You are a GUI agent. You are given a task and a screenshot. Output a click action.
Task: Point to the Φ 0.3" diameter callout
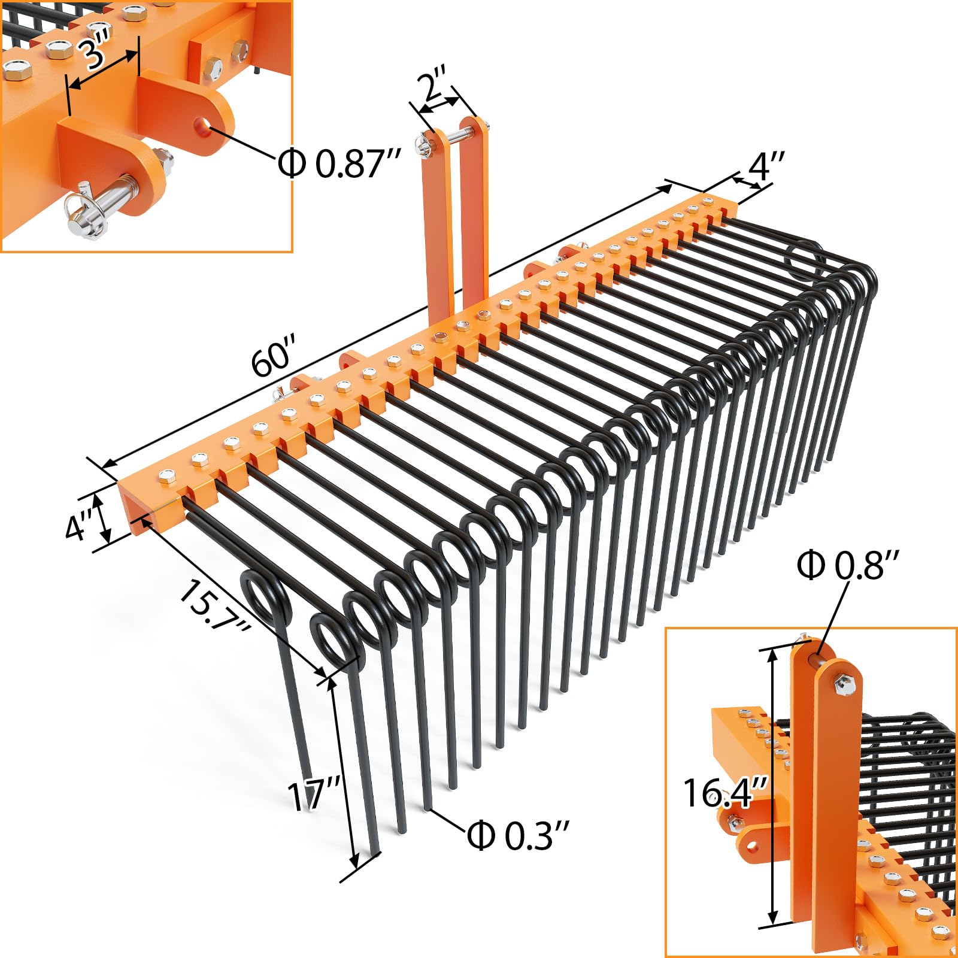click(517, 835)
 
